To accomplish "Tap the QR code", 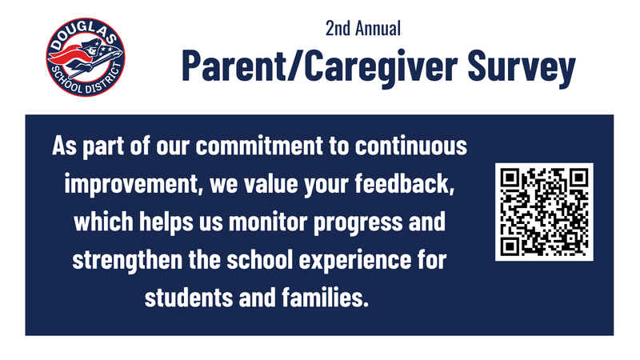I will coord(544,212).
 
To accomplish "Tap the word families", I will coord(323,297).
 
